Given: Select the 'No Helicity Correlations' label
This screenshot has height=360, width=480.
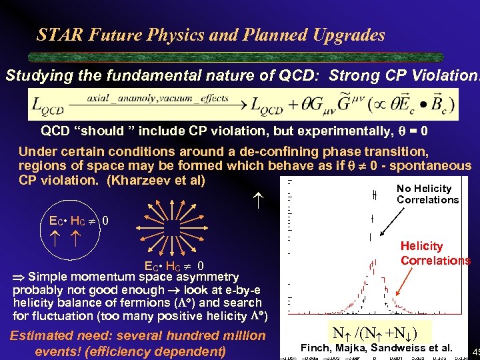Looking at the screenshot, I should pos(427,194).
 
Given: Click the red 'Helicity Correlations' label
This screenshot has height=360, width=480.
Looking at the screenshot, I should pos(435,253).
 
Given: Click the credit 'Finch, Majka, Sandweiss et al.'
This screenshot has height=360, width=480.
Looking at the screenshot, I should pos(377,347).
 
